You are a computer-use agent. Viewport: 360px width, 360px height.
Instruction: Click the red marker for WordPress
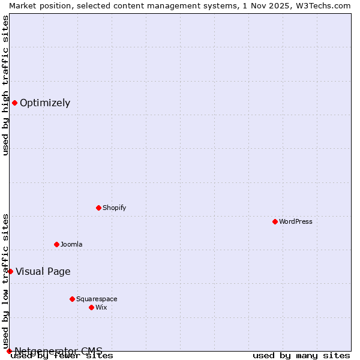tap(275, 221)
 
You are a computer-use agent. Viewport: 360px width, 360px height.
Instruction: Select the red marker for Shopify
tap(98, 208)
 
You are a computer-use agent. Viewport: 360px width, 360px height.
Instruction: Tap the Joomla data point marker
tap(56, 244)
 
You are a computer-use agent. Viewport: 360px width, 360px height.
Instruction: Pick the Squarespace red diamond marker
tap(72, 299)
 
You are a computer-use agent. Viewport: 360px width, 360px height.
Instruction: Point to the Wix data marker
tap(91, 307)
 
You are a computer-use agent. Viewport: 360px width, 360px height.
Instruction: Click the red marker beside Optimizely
tap(14, 103)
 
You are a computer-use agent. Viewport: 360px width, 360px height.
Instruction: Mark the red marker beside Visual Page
tap(10, 271)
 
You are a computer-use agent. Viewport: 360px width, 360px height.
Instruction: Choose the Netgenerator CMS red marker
tap(9, 351)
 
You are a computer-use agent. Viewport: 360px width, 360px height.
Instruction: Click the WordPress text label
tap(296, 221)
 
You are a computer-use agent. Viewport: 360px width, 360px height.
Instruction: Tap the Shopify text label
tap(114, 208)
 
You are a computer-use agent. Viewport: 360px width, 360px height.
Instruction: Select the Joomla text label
tap(71, 244)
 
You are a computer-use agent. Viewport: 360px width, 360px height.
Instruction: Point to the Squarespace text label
tap(97, 299)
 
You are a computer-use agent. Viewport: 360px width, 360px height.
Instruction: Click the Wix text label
tap(101, 307)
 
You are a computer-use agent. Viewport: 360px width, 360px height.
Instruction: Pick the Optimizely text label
tap(45, 103)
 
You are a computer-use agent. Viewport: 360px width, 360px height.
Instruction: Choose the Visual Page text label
tap(43, 271)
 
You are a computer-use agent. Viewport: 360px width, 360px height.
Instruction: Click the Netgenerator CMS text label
tap(58, 351)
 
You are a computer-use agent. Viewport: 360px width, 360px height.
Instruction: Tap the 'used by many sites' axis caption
tap(301, 356)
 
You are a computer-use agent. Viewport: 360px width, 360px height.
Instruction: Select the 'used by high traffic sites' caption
tap(5, 85)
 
